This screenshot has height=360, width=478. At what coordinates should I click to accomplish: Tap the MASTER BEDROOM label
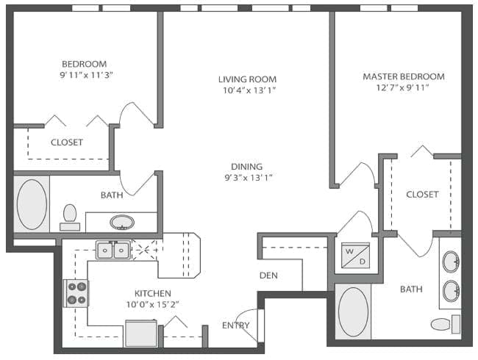[x=404, y=76]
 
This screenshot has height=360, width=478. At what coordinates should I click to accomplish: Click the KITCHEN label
[x=153, y=292]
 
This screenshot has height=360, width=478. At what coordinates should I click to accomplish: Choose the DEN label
[x=268, y=276]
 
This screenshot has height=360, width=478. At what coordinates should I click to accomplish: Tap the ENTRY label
[x=235, y=325]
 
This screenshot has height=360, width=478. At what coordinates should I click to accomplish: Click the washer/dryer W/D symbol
[x=351, y=254]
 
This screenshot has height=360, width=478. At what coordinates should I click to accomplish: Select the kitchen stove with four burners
[x=76, y=293]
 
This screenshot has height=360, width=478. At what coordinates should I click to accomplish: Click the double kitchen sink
[x=113, y=251]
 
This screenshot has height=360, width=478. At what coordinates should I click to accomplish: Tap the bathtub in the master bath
[x=353, y=312]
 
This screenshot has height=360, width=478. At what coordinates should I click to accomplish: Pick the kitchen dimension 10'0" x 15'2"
[x=153, y=304]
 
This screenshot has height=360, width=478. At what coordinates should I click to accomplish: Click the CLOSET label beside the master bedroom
[x=422, y=195]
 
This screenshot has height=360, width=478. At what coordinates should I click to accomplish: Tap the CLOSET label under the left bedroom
[x=66, y=143]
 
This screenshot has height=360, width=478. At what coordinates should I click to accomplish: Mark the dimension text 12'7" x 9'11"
[x=404, y=87]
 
